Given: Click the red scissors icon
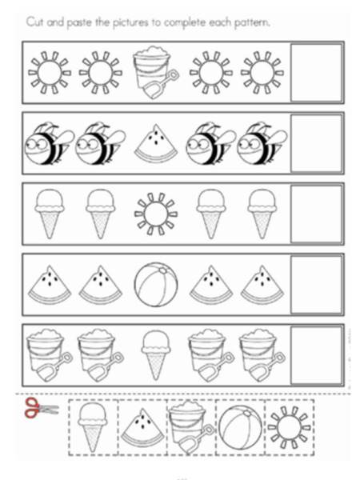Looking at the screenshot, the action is pos(41,407).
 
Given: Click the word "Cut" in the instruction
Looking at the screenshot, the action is pos(35,22).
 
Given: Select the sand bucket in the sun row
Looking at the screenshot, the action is pos(155,72).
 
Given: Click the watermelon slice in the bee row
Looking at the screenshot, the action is pos(156,144).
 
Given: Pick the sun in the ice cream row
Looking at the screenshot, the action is pos(156,214).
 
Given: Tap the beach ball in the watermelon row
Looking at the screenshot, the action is pos(156,284).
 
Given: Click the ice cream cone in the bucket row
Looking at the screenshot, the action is pos(155,354).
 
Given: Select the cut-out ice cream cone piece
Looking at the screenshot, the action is pos(93,427).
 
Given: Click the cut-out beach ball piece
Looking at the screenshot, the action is pos(240,427).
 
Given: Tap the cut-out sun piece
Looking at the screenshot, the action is pos(290,428).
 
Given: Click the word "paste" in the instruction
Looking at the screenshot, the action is pos(79,23).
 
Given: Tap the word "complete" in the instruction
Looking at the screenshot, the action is pos(186,23).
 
